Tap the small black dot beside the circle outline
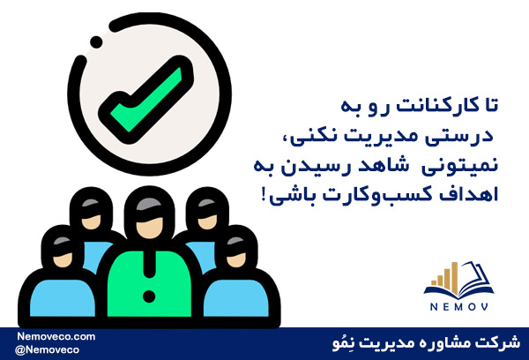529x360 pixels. pyautogui.click(x=96, y=42)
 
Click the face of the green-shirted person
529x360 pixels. pyautogui.click(x=150, y=228)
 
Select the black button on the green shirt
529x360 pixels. pyautogui.click(x=149, y=296)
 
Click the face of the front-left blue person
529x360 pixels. pyautogui.click(x=63, y=259)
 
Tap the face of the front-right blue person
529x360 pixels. pyautogui.click(x=236, y=259)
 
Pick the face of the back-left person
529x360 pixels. pyautogui.click(x=91, y=221)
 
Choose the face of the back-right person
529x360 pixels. pyautogui.click(x=207, y=221)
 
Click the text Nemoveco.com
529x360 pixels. pyautogui.click(x=56, y=336)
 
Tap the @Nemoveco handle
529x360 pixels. pyautogui.click(x=47, y=349)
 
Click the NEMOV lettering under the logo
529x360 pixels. pyautogui.click(x=458, y=307)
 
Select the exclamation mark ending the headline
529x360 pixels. pyautogui.click(x=264, y=196)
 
